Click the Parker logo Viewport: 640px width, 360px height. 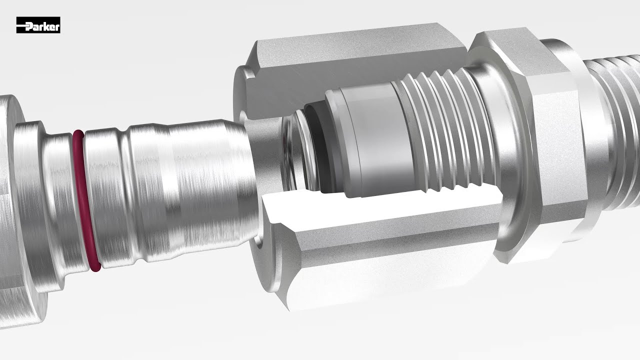tap(38, 25)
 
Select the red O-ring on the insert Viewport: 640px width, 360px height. tap(85, 200)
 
